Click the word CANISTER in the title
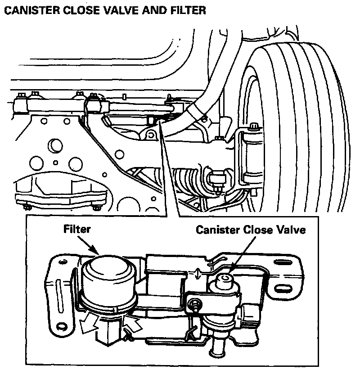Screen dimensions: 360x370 tap(32, 10)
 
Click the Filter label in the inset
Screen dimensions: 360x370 tap(77, 229)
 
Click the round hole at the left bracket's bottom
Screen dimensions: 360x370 tap(62, 327)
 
